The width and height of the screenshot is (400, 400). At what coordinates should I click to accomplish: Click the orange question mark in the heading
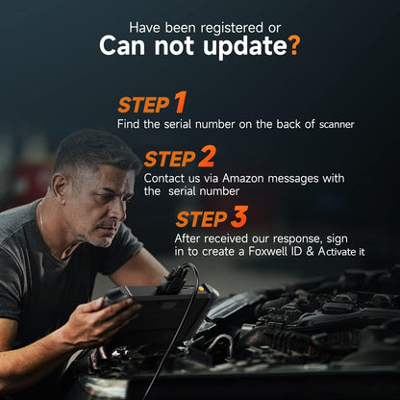pyautogui.click(x=293, y=45)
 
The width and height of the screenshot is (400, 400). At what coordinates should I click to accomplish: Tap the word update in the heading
pyautogui.click(x=239, y=46)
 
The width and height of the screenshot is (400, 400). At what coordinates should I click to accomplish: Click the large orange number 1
pyautogui.click(x=179, y=104)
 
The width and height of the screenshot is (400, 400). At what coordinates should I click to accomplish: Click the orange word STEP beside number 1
pyautogui.click(x=142, y=106)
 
